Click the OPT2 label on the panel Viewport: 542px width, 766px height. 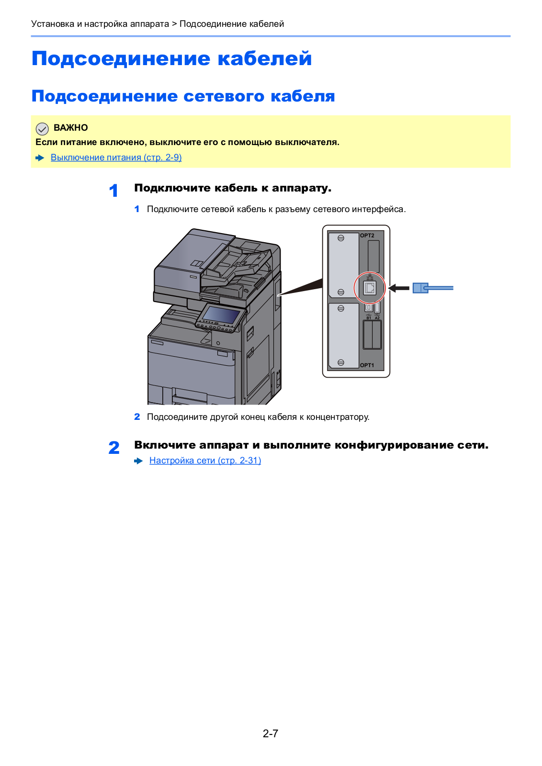tap(367, 236)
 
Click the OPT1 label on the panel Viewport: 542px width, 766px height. tap(367, 365)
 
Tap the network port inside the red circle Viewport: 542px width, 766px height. tap(370, 288)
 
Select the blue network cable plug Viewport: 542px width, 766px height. tap(420, 288)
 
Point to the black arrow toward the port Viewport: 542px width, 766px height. tap(398, 288)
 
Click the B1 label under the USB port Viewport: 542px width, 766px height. tap(369, 318)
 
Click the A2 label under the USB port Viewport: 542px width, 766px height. tap(377, 318)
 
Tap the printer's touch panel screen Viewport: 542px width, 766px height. tap(221, 315)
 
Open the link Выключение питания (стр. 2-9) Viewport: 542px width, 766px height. tap(116, 158)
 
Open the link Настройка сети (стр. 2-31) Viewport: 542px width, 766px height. tap(205, 461)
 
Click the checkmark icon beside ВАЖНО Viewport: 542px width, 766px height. tap(42, 128)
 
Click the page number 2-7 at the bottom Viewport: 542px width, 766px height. tap(271, 733)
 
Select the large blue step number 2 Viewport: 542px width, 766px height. tap(114, 448)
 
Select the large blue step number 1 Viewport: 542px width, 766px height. tap(113, 191)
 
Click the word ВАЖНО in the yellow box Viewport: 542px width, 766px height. tap(71, 128)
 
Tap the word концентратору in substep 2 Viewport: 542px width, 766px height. tap(338, 417)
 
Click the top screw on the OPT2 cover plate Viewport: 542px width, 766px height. tap(341, 238)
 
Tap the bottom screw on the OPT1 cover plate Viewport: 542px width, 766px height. tap(341, 362)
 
